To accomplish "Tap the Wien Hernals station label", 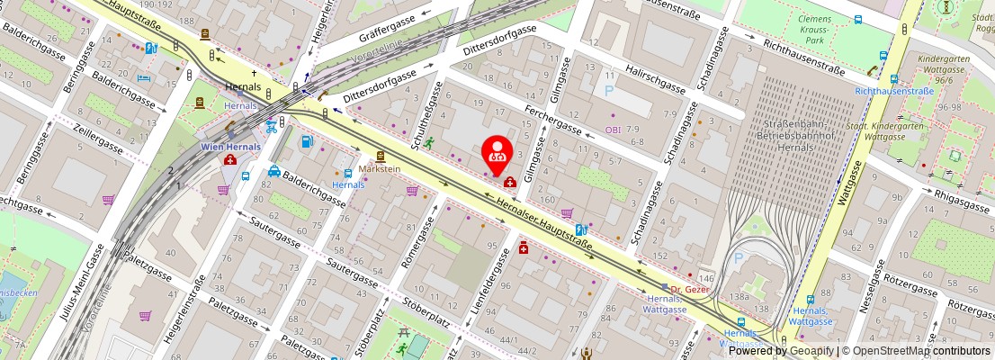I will [x=230, y=147].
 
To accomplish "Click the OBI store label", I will [x=614, y=130].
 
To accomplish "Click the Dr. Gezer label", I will [x=692, y=288].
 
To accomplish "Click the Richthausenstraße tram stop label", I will [x=892, y=91].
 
